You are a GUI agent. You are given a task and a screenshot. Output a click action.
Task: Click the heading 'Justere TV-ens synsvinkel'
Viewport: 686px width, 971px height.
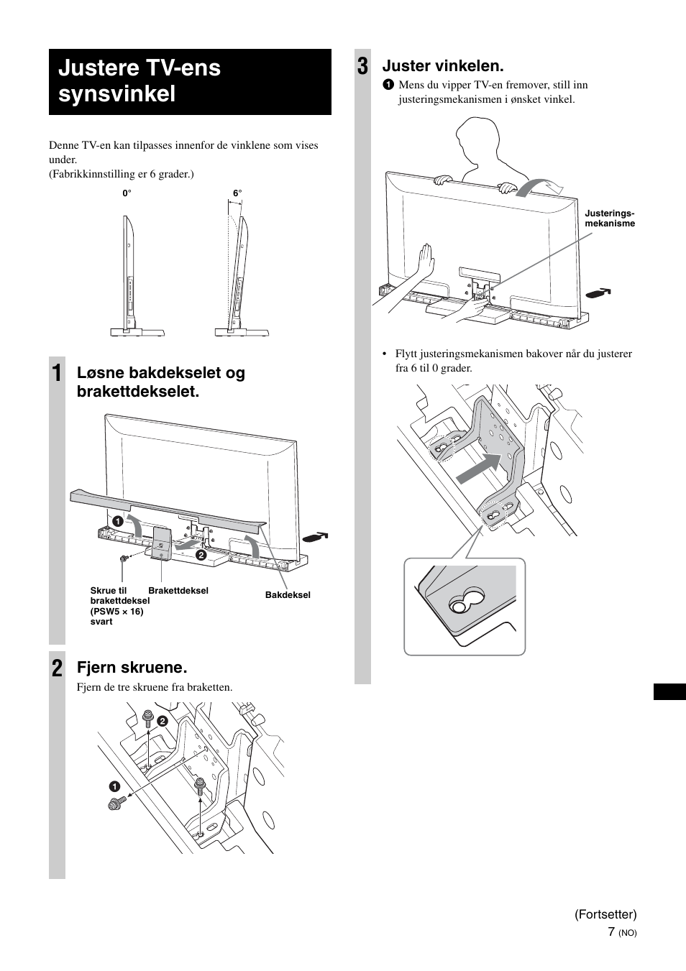point(140,81)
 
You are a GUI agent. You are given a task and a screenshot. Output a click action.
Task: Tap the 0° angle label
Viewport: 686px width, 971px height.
point(127,193)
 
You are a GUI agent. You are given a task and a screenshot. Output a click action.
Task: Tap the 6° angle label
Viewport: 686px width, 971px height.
point(237,193)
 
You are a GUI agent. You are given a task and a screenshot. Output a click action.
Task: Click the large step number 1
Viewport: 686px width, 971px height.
point(57,374)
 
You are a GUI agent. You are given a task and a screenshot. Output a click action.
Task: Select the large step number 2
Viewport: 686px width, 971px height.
point(57,668)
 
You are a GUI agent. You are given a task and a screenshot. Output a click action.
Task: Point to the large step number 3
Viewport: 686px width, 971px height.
point(363,67)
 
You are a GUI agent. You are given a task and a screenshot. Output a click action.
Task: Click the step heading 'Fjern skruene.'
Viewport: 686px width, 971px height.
point(132,668)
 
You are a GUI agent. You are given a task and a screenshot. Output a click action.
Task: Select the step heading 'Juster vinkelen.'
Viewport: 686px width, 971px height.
point(443,66)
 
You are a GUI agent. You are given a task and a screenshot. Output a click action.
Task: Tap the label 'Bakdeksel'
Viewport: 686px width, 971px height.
point(288,595)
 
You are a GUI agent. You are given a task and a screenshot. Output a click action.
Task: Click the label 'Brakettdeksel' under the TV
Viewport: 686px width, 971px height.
point(178,591)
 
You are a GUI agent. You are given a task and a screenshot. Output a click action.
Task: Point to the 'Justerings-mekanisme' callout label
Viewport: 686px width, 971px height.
point(610,218)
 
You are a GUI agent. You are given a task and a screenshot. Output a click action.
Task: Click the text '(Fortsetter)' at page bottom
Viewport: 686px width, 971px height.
point(605,914)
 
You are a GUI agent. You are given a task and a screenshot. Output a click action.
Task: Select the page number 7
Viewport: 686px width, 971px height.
point(610,931)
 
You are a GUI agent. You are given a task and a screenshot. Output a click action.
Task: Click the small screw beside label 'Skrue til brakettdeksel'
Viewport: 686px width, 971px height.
point(124,558)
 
